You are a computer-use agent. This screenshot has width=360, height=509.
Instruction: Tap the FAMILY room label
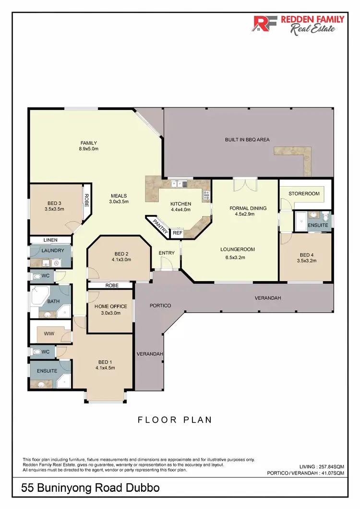(x=89, y=143)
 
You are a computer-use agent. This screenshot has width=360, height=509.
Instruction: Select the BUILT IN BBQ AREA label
(x=247, y=140)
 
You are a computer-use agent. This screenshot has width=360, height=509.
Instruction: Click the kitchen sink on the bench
(x=178, y=183)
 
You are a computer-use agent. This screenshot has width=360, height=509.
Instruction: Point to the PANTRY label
(x=160, y=226)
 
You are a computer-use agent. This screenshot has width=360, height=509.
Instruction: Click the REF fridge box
(x=177, y=233)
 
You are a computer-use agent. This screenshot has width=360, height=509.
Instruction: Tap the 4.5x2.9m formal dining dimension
(x=248, y=214)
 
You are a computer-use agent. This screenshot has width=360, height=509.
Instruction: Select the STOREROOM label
(x=304, y=193)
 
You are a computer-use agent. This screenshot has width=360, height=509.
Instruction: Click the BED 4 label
(x=307, y=255)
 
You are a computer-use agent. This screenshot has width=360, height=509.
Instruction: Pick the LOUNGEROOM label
(x=237, y=249)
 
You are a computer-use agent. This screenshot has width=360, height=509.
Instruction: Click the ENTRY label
(x=167, y=253)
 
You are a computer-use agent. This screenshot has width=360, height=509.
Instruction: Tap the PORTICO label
(x=160, y=306)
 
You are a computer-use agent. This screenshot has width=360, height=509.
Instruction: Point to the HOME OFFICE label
(x=110, y=307)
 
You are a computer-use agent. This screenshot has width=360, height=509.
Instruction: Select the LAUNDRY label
(x=53, y=250)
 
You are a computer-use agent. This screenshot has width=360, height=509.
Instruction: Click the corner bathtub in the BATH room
(x=38, y=297)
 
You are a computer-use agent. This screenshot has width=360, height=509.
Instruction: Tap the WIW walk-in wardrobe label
(x=48, y=333)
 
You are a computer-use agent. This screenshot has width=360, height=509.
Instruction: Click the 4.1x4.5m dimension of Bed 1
(x=105, y=368)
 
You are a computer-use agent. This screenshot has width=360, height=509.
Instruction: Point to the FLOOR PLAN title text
(x=175, y=420)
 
